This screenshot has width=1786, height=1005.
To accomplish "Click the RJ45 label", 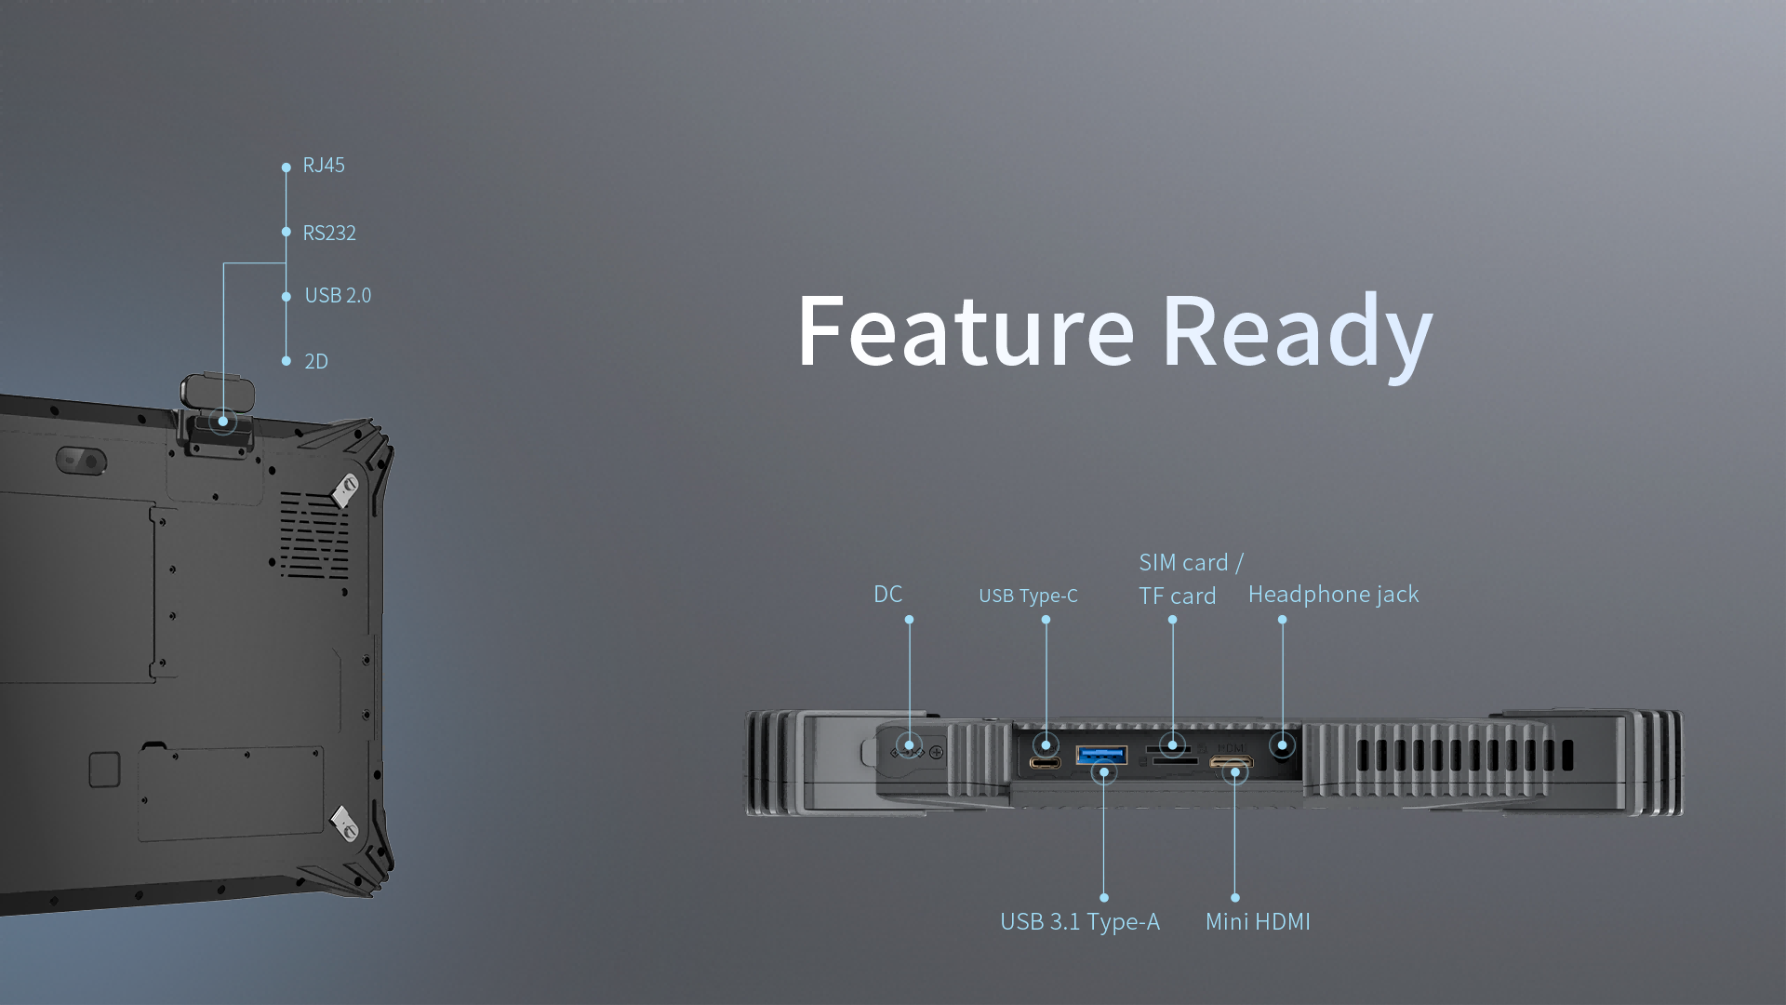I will [324, 166].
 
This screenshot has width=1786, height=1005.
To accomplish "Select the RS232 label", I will [329, 233].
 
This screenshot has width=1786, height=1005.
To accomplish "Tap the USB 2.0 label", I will [338, 296].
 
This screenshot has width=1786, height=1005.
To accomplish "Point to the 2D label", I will [316, 362].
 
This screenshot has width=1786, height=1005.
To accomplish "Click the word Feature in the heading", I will [966, 331].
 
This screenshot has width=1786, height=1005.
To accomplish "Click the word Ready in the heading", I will [1297, 333].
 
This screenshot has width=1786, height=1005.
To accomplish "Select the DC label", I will [887, 595].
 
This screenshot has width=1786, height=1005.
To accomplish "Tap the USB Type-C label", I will [1028, 596].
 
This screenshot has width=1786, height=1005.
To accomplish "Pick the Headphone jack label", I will [1333, 595].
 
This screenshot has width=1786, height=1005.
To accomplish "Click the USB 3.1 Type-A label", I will [1079, 922].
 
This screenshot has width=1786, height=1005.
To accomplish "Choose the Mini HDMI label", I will [1258, 922].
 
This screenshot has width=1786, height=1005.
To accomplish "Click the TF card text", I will [1177, 596].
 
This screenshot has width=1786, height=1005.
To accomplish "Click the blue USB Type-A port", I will [1101, 755].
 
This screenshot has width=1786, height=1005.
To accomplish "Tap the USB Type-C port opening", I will [1045, 763].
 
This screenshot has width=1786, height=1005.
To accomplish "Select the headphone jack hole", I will [1282, 745].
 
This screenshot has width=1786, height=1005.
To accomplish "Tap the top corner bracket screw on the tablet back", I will [347, 488].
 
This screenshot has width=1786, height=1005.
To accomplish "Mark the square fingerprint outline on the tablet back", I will [104, 770].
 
